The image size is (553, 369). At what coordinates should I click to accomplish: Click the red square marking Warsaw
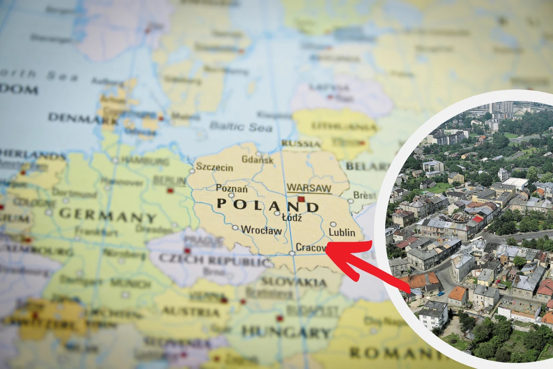[x=301, y=199]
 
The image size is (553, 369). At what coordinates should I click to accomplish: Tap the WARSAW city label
[x=309, y=188]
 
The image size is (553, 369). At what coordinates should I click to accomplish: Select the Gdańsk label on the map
[x=258, y=160]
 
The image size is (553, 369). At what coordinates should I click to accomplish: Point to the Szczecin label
[x=215, y=167]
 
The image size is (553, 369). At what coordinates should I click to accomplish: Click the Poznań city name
[x=232, y=188]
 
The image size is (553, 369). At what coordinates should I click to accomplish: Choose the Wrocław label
[x=261, y=229]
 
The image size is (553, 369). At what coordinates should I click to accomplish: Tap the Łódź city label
[x=292, y=218]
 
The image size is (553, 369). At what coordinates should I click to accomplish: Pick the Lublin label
[x=342, y=232]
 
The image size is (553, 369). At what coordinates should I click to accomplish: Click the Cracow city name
[x=312, y=248]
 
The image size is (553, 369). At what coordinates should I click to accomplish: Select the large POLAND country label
[x=267, y=204]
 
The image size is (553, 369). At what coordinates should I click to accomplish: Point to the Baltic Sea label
[x=241, y=126]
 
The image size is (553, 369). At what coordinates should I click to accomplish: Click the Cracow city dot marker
[x=292, y=253]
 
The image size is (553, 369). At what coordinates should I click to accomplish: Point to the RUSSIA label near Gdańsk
[x=301, y=143]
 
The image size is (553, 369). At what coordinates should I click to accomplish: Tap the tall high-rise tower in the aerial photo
[x=502, y=109]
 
